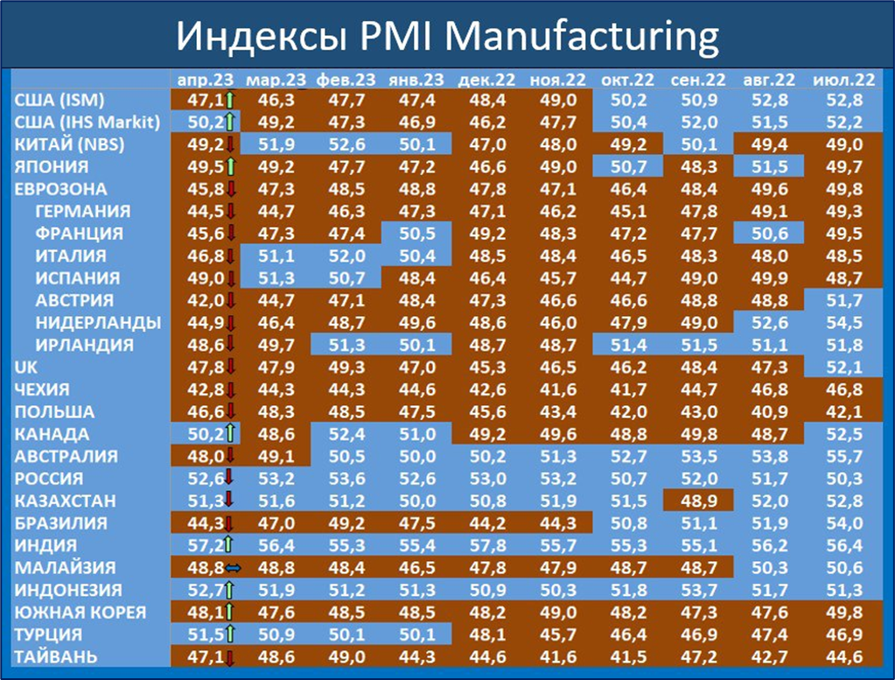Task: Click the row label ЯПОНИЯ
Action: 52,167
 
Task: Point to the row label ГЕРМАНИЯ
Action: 83,211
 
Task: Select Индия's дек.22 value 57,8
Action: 484,545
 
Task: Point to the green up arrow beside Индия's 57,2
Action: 230,545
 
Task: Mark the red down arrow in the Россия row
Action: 230,479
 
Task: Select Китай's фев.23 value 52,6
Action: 344,144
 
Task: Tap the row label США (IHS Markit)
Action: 87,122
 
